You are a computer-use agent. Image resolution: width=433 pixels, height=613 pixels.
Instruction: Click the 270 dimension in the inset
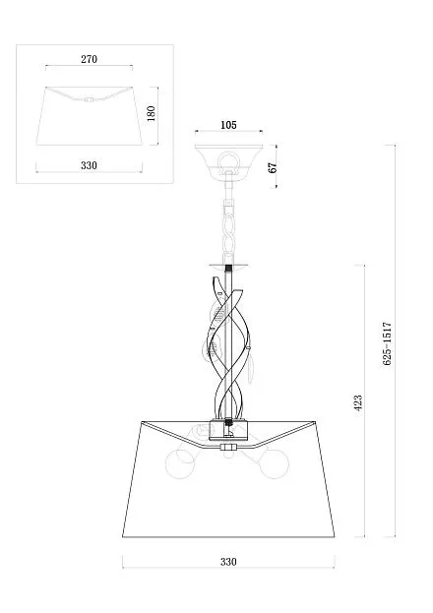pos(89,59)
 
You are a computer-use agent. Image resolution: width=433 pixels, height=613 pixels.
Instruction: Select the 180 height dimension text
pos(151,113)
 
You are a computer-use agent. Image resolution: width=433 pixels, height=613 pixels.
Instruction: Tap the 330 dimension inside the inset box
pos(89,165)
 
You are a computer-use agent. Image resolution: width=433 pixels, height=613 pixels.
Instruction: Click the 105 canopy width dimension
pos(228,125)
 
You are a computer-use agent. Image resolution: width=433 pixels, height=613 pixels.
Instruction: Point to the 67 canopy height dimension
pos(273,167)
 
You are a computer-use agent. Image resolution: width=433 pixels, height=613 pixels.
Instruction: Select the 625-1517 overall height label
pos(387,343)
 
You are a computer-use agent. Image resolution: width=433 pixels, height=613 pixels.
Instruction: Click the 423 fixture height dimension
pos(358,403)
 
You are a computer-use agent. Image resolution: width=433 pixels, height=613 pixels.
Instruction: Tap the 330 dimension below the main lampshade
pos(228,562)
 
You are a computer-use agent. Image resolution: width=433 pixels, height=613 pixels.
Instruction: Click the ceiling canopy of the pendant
pos(228,159)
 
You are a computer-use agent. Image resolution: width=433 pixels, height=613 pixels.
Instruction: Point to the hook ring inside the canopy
pos(228,160)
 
